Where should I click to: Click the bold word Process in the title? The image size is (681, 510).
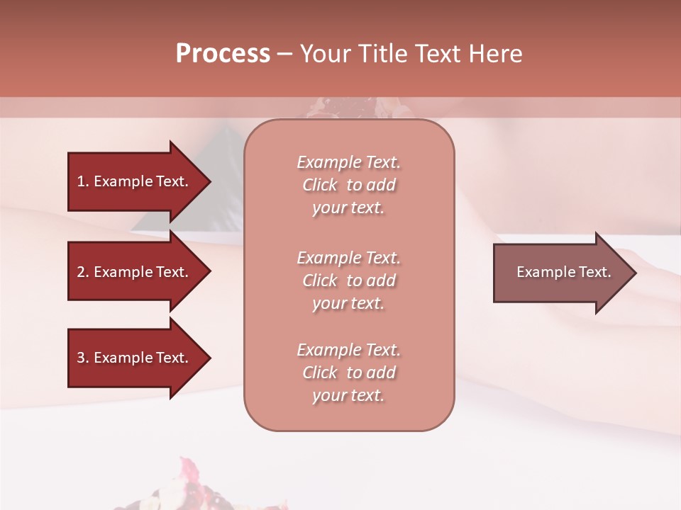(223, 54)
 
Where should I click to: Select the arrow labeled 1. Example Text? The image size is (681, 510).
(135, 181)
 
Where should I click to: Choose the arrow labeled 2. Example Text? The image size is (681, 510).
(135, 272)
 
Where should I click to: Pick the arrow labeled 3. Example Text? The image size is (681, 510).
(135, 358)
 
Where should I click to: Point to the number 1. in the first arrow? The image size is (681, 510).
(83, 181)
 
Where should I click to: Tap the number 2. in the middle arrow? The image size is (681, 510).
(83, 272)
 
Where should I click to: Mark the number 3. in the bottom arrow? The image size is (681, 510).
(83, 358)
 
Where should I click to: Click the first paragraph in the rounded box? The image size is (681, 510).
(348, 185)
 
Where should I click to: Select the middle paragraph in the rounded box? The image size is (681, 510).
(348, 280)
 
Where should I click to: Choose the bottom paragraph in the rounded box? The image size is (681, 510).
(348, 373)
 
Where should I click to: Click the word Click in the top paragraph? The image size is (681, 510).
(320, 185)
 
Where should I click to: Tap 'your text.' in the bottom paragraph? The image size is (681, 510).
(348, 396)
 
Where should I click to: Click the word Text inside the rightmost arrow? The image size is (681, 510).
(594, 272)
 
